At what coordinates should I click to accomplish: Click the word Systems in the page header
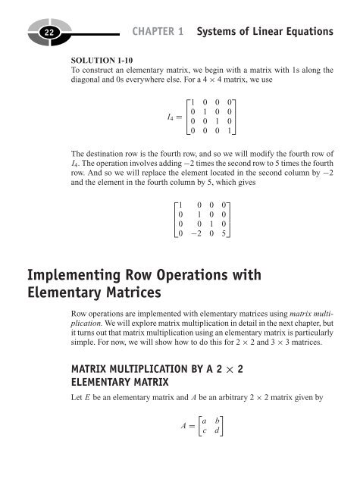point(220,32)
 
